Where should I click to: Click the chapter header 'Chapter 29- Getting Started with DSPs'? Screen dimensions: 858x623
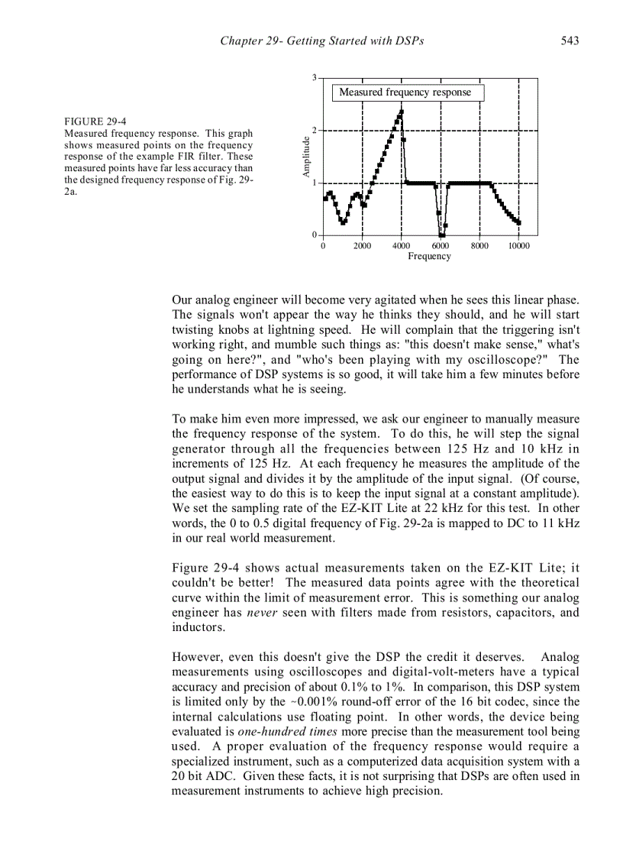[x=321, y=40]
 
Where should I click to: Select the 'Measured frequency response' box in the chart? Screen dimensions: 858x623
[x=407, y=92]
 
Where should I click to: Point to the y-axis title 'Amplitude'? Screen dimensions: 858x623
[x=306, y=157]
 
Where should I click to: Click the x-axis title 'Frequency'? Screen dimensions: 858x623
[x=429, y=257]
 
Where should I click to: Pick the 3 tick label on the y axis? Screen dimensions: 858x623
[x=315, y=78]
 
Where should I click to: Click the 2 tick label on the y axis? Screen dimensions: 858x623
[x=315, y=131]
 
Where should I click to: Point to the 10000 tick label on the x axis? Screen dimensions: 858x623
[x=518, y=246]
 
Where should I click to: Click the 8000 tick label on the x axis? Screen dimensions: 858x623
[x=479, y=246]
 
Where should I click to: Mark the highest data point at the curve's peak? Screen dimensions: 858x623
[x=402, y=112]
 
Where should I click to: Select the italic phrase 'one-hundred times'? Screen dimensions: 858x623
[x=280, y=731]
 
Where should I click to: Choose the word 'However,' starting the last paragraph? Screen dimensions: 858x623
[x=195, y=657]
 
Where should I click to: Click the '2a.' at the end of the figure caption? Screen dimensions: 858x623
[x=71, y=191]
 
